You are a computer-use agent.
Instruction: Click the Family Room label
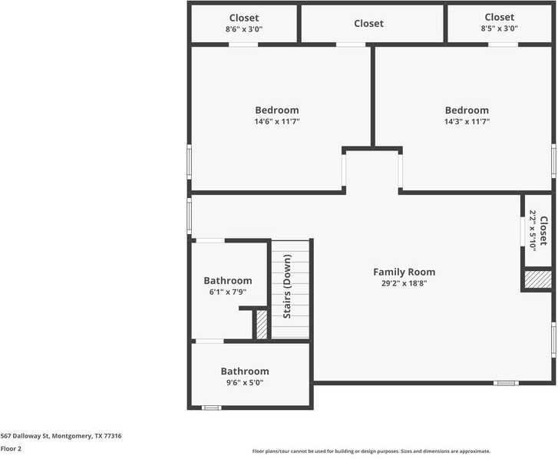click(404, 272)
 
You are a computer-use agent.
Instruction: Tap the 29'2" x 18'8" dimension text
click(404, 283)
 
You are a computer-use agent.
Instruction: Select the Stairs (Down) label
click(287, 287)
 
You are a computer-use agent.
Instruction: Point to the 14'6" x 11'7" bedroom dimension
click(276, 121)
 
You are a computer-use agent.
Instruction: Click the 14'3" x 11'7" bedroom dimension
click(466, 121)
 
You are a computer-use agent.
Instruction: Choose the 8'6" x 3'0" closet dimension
click(243, 29)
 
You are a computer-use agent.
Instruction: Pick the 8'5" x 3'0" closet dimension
click(499, 28)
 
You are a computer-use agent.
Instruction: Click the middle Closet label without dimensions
click(368, 24)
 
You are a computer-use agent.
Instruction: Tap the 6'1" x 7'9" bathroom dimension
click(227, 292)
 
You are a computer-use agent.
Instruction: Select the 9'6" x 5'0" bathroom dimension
click(245, 382)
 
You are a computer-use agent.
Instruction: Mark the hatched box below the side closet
click(538, 279)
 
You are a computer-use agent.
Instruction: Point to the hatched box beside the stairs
click(261, 324)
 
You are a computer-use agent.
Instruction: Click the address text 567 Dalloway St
click(61, 436)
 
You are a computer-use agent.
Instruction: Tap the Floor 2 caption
click(11, 449)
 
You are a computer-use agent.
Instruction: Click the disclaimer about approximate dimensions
click(371, 451)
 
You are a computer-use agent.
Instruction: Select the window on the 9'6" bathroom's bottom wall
click(211, 408)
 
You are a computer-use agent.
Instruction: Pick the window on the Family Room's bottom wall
click(505, 382)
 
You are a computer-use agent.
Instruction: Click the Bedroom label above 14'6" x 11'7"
click(276, 110)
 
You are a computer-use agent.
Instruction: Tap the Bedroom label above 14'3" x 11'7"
click(466, 110)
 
